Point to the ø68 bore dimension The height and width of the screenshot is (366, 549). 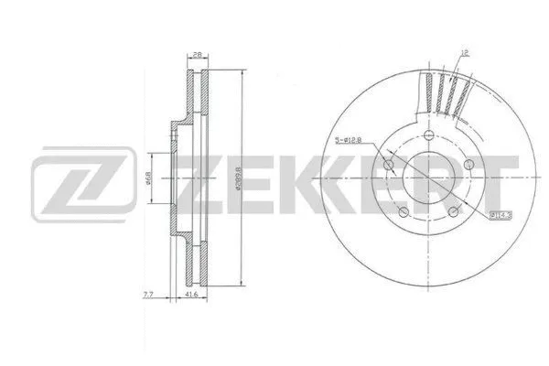point(150,179)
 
